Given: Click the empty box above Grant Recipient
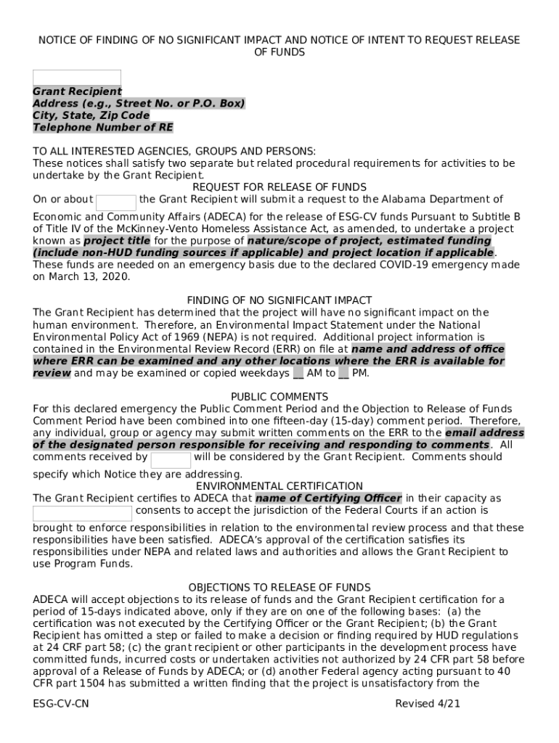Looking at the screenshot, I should [x=77, y=78].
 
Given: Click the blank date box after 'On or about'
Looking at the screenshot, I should [x=116, y=202].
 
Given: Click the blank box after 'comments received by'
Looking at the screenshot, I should [x=171, y=460].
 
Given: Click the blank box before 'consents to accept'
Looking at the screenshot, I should [x=83, y=514].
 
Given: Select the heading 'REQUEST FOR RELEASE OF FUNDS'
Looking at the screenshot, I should [x=279, y=187].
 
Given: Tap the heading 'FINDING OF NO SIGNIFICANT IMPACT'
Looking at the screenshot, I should [x=279, y=300].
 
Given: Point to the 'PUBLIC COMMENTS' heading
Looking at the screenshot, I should [x=279, y=397].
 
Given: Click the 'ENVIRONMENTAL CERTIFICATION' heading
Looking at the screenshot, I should [x=279, y=486].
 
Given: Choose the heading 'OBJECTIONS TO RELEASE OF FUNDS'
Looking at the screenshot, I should [x=279, y=587].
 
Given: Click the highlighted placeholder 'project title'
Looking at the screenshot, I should [x=117, y=241].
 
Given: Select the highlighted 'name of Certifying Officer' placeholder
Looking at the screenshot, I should [x=328, y=498].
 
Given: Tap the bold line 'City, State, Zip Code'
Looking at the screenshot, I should [x=91, y=115].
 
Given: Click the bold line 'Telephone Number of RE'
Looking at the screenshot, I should [x=103, y=128].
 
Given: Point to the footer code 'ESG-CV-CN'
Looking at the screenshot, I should [x=61, y=704].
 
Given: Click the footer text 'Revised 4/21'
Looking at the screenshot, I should [x=428, y=704].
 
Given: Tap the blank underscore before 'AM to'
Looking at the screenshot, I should [x=298, y=374].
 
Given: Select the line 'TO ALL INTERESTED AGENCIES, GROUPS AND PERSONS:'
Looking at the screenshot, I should [x=174, y=152].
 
